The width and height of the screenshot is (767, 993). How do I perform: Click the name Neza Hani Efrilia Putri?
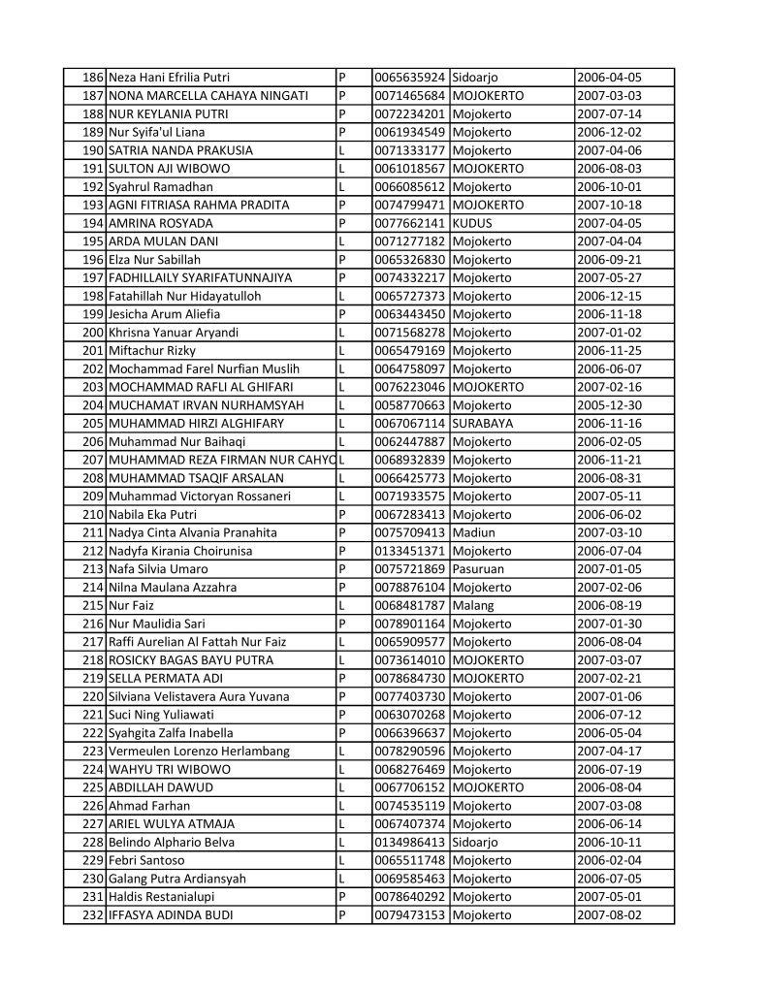170,78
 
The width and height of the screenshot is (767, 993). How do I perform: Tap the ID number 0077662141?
411,223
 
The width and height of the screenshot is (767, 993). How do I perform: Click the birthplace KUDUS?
472,223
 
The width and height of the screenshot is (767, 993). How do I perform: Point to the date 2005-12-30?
609,405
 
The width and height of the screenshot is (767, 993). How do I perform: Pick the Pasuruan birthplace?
478,569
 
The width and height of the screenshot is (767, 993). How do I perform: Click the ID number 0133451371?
411,551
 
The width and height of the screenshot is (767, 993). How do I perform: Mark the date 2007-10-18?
609,205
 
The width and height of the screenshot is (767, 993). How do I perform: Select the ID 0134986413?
411,842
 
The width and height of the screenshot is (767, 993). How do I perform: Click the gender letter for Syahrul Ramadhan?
342,187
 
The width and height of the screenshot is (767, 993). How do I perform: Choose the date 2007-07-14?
609,113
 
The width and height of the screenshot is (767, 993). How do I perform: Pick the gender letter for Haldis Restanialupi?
342,897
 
